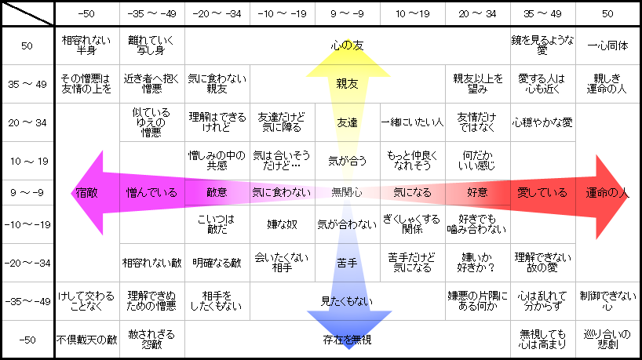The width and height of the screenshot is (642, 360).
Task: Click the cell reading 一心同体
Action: pos(607,45)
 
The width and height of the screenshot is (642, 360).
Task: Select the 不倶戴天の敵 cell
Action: pos(87,340)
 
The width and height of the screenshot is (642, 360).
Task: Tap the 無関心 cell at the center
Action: pos(347,192)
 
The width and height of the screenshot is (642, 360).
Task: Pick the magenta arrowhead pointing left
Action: pos(87,193)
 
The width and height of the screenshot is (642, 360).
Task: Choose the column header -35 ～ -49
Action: pos(152,14)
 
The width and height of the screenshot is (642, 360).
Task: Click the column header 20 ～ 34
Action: pos(477,14)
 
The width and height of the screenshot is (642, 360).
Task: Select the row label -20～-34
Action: pos(27,263)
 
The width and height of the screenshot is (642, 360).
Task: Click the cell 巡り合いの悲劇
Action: pos(607,340)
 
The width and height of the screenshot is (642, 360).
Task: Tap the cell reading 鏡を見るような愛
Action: pos(542,45)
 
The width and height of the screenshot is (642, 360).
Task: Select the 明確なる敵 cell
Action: pos(217,263)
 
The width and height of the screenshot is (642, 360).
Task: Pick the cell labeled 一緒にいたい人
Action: pos(412,122)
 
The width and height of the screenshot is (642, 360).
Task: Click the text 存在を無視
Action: pos(347,340)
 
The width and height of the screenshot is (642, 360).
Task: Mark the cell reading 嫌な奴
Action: pos(282,224)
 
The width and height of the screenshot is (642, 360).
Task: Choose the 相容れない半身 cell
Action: pos(86,45)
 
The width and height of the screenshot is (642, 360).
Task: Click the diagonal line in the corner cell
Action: pos(27,13)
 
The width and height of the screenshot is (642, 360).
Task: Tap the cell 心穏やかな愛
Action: pos(542,122)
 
